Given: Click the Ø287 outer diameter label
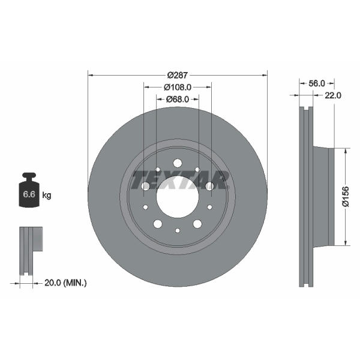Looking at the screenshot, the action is point(178,75).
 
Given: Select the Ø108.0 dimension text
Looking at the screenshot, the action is point(178,87).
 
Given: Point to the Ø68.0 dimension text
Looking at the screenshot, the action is point(178,99).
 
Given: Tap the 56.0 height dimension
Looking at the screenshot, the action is point(317,83).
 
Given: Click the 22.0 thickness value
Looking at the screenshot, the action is point(332,95).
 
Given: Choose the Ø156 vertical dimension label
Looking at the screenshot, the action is point(346,197).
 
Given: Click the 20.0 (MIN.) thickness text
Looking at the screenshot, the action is point(65,283).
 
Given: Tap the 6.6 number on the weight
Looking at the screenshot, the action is point(29,194).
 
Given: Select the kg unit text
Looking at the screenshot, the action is point(47,196).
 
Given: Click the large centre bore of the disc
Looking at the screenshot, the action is point(178,197).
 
